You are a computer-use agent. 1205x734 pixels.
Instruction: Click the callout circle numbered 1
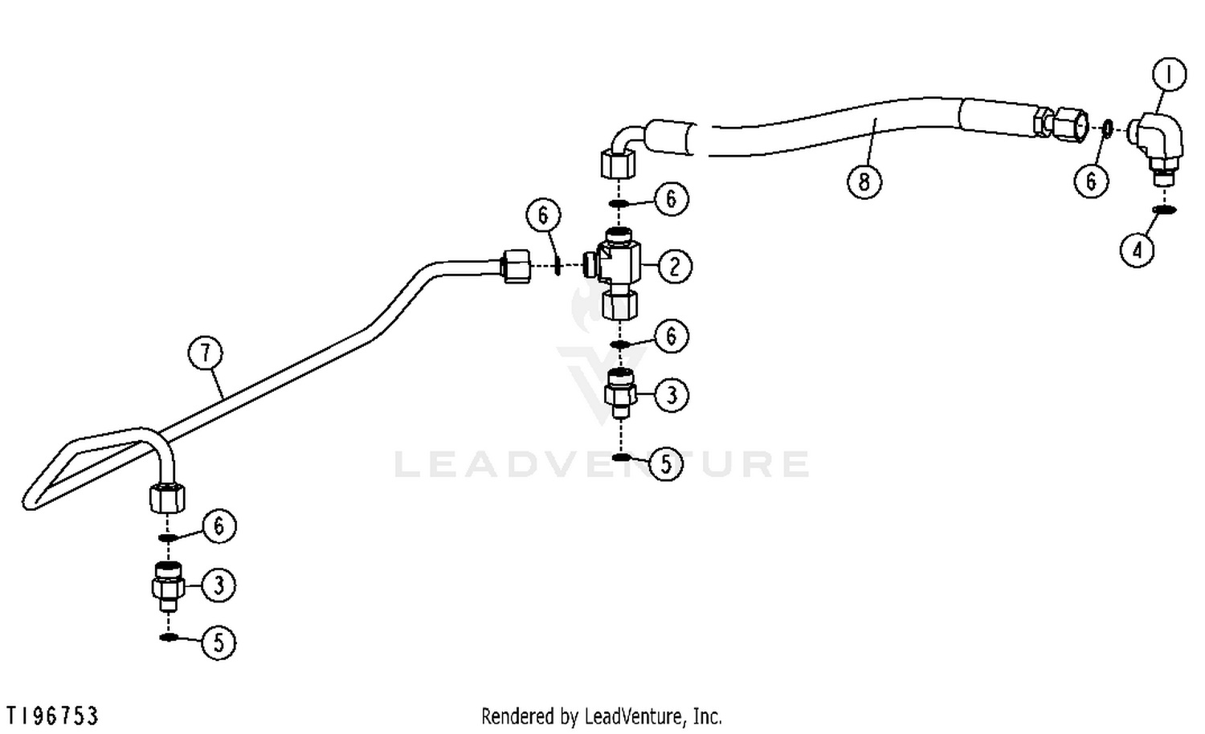pyautogui.click(x=1170, y=75)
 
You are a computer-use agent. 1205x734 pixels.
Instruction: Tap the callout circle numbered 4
pyautogui.click(x=1138, y=250)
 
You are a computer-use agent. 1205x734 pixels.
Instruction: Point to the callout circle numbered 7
pyautogui.click(x=206, y=353)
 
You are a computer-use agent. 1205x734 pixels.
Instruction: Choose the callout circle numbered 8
pyautogui.click(x=864, y=181)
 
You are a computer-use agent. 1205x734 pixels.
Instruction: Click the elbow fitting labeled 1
pyautogui.click(x=1158, y=149)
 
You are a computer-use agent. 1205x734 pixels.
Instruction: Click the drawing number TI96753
pyautogui.click(x=52, y=716)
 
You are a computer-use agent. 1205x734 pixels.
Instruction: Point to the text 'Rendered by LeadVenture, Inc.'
pyautogui.click(x=602, y=717)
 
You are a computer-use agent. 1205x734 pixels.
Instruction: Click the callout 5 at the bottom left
pyautogui.click(x=219, y=642)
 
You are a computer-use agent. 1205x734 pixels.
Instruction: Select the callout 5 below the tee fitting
pyautogui.click(x=666, y=463)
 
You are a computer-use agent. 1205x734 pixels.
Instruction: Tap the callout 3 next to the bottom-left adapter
pyautogui.click(x=219, y=585)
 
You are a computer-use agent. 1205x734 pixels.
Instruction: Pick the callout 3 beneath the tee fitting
pyautogui.click(x=672, y=395)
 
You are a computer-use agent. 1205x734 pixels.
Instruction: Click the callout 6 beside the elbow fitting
pyautogui.click(x=1091, y=181)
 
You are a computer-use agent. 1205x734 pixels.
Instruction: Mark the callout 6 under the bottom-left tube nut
pyautogui.click(x=219, y=526)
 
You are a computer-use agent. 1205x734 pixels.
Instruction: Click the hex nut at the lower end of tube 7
pyautogui.click(x=167, y=498)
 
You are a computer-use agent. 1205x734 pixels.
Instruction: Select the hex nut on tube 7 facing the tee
pyautogui.click(x=516, y=266)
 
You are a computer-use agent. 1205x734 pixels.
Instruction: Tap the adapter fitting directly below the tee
pyautogui.click(x=620, y=394)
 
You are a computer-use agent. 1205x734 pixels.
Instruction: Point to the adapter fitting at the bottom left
pyautogui.click(x=169, y=586)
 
